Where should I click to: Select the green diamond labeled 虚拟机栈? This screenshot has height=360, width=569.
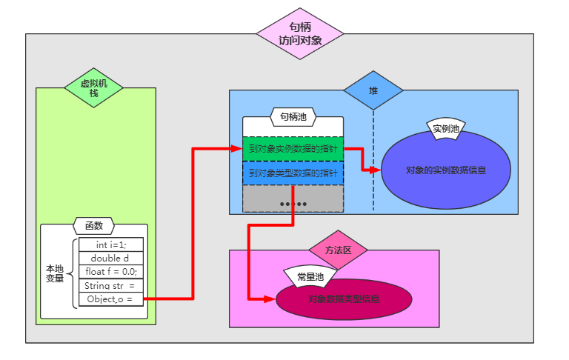[x=93, y=88]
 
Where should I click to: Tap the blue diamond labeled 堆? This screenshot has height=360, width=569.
[x=373, y=90]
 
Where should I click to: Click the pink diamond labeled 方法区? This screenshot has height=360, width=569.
[x=338, y=250]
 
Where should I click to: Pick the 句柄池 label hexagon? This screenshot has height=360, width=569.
[x=293, y=116]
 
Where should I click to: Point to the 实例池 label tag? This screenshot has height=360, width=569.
[x=446, y=128]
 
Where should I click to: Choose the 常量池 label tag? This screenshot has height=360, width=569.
[x=310, y=276]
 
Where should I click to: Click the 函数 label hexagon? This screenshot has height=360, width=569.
[x=94, y=225]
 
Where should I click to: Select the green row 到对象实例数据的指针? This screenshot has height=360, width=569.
[x=293, y=148]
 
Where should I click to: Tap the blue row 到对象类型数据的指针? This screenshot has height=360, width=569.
[x=293, y=173]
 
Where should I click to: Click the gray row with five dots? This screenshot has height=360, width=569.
[x=293, y=199]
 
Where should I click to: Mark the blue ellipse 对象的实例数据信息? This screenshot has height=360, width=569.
[x=446, y=170]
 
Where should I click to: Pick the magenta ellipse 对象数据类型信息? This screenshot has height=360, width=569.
[x=344, y=299]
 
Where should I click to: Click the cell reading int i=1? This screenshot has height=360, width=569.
[x=110, y=245]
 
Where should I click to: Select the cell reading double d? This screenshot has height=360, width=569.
[x=110, y=259]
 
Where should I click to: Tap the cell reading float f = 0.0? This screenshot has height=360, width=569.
[x=110, y=272]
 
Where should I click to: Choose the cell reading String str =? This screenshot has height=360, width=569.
[x=110, y=285]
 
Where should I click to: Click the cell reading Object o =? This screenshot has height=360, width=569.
[x=110, y=299]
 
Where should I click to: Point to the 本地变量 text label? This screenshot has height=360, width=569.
[x=55, y=273]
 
